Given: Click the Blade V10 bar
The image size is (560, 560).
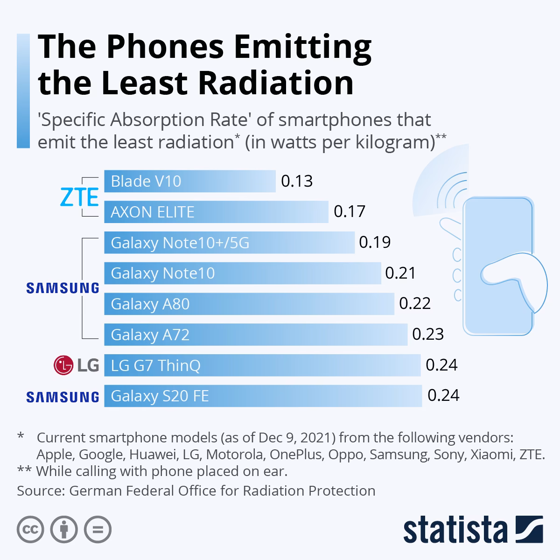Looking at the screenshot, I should pyautogui.click(x=189, y=181).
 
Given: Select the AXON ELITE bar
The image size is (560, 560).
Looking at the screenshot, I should pyautogui.click(x=216, y=212).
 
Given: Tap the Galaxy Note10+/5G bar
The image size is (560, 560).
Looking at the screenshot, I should pyautogui.click(x=229, y=243).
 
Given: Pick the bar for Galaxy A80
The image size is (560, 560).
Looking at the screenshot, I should pyautogui.click(x=249, y=304).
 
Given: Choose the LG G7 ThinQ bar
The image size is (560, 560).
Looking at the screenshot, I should pyautogui.click(x=262, y=365).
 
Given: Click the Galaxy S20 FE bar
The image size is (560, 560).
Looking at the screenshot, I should pyautogui.click(x=263, y=396).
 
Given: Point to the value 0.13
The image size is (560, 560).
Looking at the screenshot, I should pyautogui.click(x=297, y=181).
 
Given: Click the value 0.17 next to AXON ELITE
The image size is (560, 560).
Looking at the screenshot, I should pyautogui.click(x=350, y=212).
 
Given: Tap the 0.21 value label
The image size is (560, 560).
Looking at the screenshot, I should pyautogui.click(x=400, y=273).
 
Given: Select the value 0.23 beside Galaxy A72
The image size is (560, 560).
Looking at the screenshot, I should pyautogui.click(x=427, y=335).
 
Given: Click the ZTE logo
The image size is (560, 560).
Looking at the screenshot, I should pyautogui.click(x=80, y=197).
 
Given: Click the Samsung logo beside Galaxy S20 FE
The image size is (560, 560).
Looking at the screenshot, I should pyautogui.click(x=63, y=397).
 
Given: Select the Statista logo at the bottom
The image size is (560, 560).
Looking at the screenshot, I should pyautogui.click(x=473, y=530).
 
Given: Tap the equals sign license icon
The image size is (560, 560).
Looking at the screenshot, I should pyautogui.click(x=98, y=530).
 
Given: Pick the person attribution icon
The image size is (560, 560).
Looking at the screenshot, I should pyautogui.click(x=64, y=530).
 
